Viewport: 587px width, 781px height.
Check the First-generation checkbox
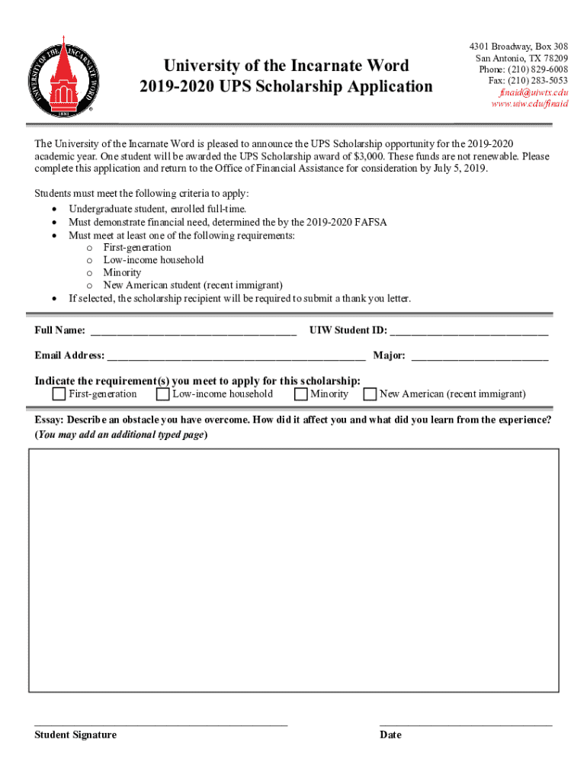coord(59,394)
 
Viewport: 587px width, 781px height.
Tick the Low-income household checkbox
coord(162,394)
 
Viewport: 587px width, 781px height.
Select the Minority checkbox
coord(300,394)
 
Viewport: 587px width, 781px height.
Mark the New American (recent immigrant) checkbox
coord(370,394)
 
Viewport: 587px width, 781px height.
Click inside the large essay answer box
coord(293,570)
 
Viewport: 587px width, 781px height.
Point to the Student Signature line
coord(161,723)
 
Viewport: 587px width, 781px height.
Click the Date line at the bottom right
coord(466,723)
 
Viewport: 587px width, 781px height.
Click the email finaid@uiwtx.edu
coord(534,92)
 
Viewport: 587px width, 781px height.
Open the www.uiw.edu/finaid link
coord(529,103)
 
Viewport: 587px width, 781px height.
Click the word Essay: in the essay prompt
coord(49,420)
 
